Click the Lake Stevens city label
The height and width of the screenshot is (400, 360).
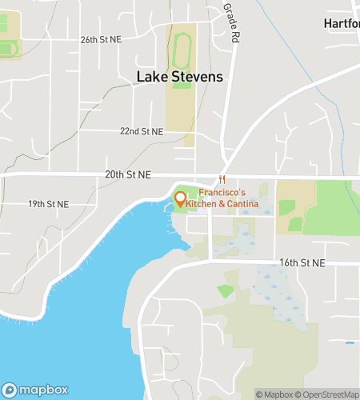click(x=179, y=77)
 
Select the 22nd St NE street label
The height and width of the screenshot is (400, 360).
click(x=141, y=131)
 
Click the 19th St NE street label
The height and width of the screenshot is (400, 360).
click(x=48, y=204)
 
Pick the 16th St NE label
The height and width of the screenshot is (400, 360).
click(x=302, y=262)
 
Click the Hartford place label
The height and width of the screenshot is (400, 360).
click(x=342, y=23)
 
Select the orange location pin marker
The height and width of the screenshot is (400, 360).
click(x=180, y=199)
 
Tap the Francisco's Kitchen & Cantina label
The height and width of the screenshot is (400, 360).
click(x=228, y=199)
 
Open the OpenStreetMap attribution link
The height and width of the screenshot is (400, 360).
click(x=328, y=394)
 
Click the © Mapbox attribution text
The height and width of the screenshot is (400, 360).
click(x=274, y=394)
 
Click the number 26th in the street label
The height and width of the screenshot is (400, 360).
click(x=89, y=38)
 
